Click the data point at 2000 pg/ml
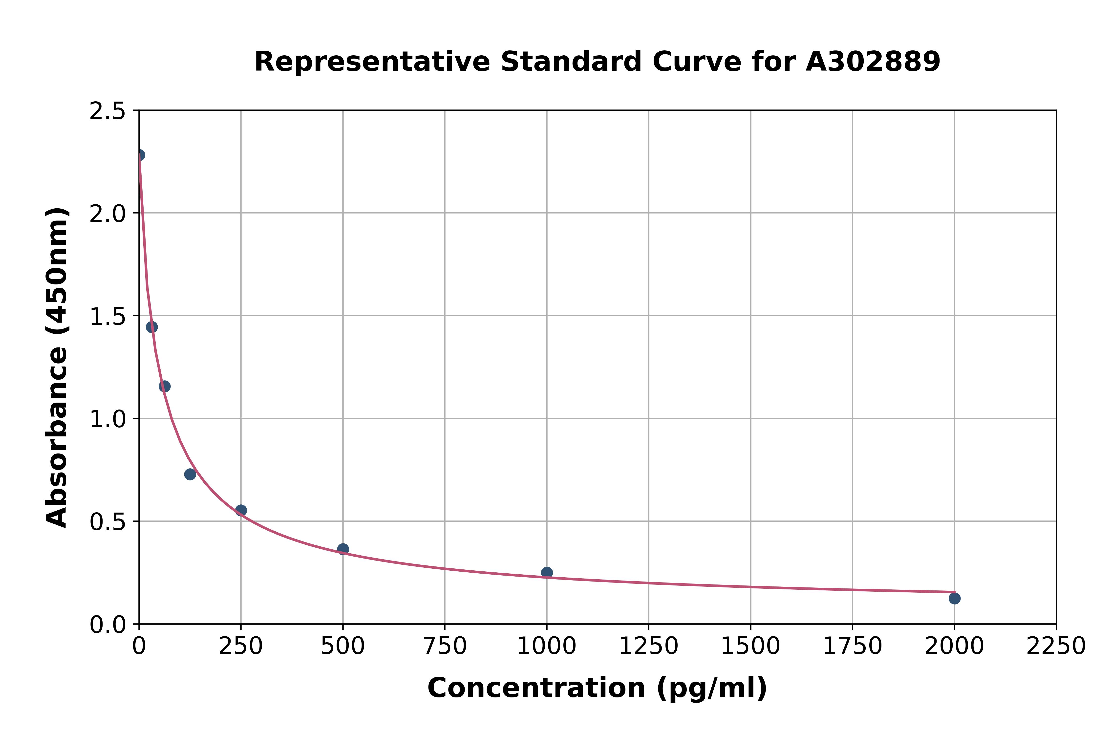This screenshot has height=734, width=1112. point(954,598)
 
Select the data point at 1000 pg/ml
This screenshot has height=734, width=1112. point(547,573)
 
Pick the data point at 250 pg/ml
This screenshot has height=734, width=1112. point(241,510)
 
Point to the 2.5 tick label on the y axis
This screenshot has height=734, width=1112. point(108,111)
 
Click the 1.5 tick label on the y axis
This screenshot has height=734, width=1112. point(108,316)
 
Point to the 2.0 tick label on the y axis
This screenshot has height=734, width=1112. point(108,214)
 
